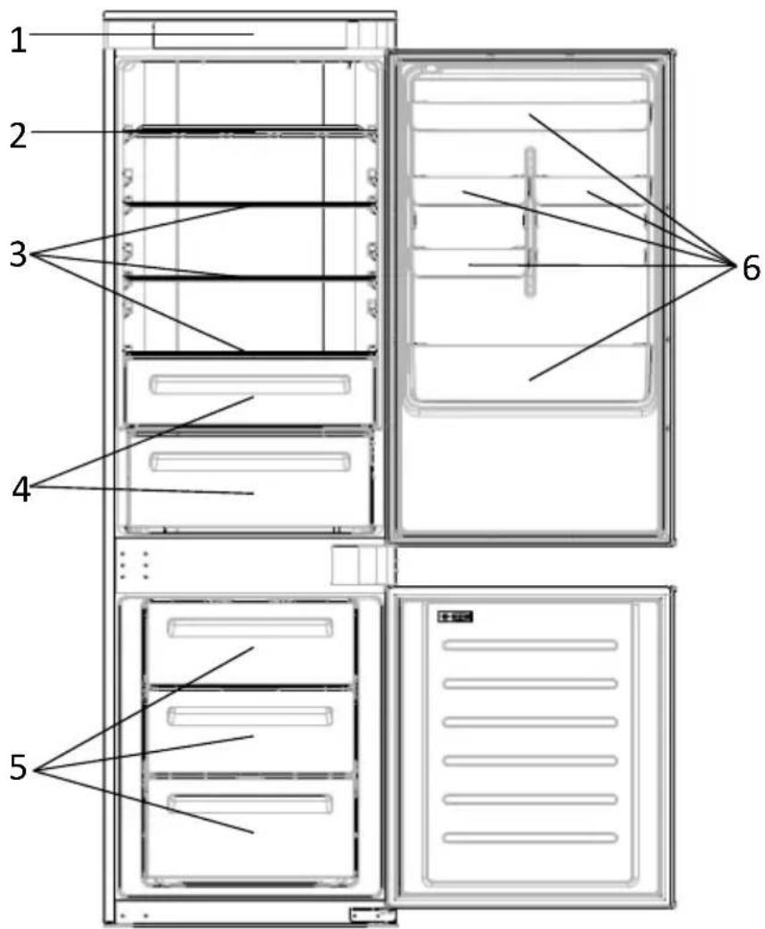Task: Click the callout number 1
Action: click(x=19, y=40)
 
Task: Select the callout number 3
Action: click(x=19, y=255)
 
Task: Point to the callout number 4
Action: click(x=22, y=490)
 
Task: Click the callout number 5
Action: click(x=19, y=768)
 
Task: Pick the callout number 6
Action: click(x=750, y=268)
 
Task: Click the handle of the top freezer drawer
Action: click(x=250, y=628)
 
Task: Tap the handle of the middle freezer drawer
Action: click(x=250, y=716)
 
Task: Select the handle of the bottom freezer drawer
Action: click(x=250, y=804)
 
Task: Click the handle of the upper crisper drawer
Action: click(x=249, y=384)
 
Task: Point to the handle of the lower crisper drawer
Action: click(x=249, y=462)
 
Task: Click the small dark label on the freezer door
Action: click(x=454, y=616)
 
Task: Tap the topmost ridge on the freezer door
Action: click(x=530, y=645)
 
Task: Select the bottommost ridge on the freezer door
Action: click(x=530, y=838)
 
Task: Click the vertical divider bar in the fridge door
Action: click(x=530, y=222)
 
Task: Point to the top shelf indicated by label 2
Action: click(x=250, y=131)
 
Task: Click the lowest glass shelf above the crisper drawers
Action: click(x=250, y=354)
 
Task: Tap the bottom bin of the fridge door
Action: click(x=532, y=375)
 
